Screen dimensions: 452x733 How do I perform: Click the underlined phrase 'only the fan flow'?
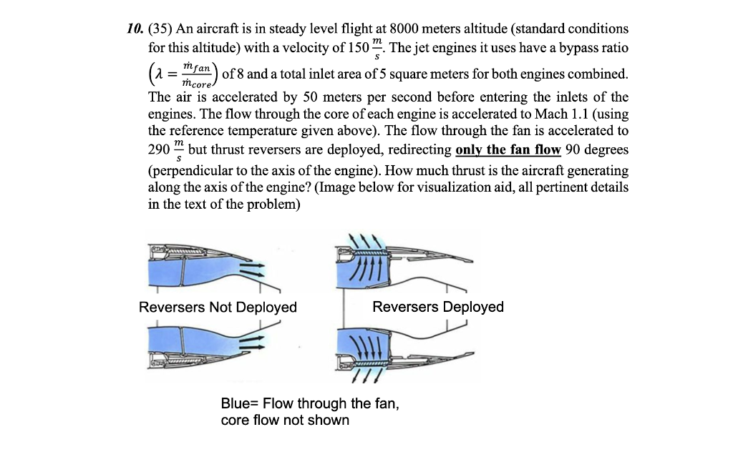508,150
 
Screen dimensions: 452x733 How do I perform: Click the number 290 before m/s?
157,150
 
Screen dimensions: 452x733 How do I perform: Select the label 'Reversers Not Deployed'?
218,307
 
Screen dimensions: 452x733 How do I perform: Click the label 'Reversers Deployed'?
438,307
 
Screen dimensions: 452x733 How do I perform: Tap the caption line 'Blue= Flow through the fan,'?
310,403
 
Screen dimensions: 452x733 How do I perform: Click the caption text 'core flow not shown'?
285,420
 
